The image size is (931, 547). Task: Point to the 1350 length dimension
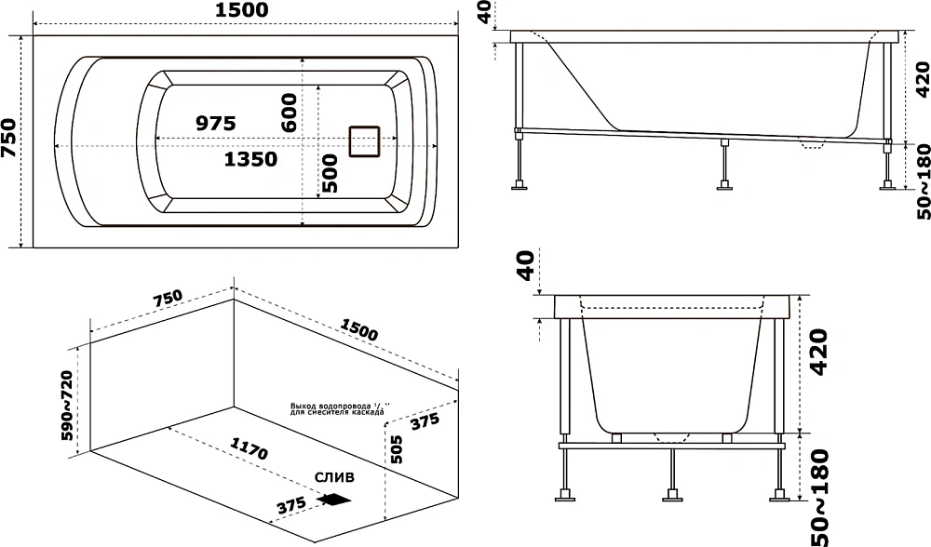(250, 159)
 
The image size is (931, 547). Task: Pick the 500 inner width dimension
(328, 173)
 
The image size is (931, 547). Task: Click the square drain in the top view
(365, 141)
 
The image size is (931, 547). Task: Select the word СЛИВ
(334, 477)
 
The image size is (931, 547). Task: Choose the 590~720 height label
(67, 406)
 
